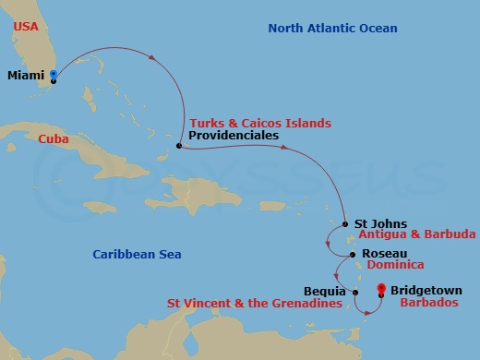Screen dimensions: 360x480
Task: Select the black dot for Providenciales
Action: [179, 145]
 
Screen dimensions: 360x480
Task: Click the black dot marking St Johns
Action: [344, 223]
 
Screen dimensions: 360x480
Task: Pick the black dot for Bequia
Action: [355, 293]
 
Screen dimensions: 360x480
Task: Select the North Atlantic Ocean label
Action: [332, 29]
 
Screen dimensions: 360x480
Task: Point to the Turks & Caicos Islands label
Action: [259, 123]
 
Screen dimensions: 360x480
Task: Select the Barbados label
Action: [424, 302]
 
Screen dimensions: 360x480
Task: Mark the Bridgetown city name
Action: [426, 290]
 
